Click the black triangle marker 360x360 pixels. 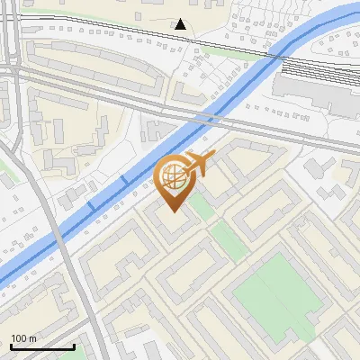tap(181, 24)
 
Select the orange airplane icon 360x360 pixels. tap(200, 163)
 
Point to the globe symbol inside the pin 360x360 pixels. tap(174, 175)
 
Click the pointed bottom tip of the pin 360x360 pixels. tap(174, 211)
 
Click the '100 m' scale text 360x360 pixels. tap(24, 338)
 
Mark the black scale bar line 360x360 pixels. tap(42, 346)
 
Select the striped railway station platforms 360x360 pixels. tap(310, 67)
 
